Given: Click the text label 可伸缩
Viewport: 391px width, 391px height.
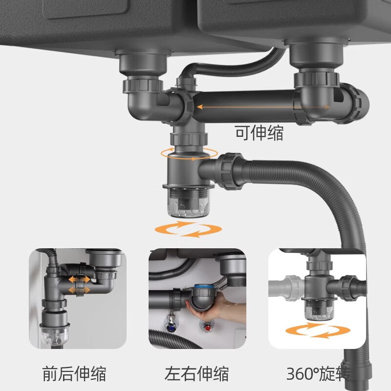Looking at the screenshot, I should click(x=259, y=133).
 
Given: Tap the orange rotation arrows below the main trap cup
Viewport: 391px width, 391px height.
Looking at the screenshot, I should click(x=186, y=229).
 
